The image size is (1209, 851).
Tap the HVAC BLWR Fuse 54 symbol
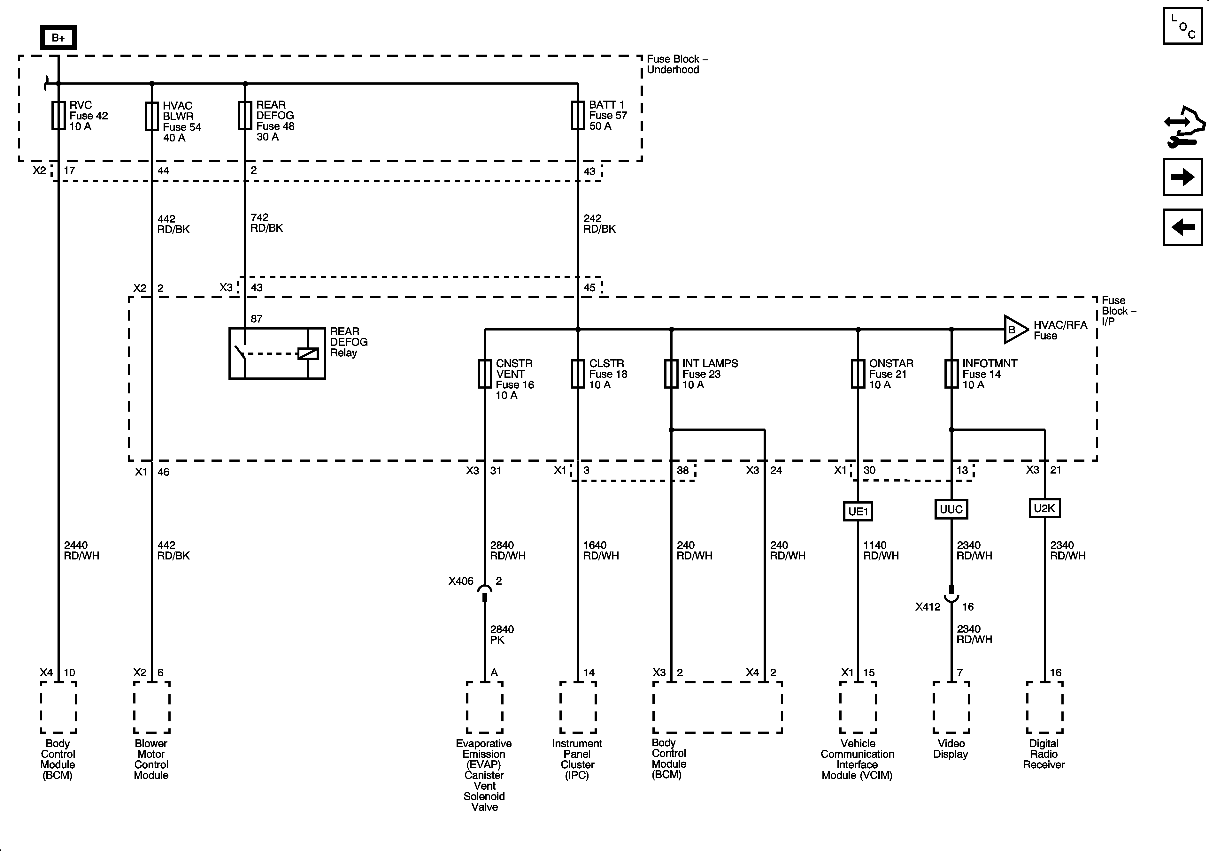(x=152, y=116)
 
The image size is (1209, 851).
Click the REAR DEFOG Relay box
(x=277, y=353)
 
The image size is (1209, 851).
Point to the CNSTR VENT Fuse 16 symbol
(x=484, y=374)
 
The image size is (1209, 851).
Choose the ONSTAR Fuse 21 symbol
(x=858, y=374)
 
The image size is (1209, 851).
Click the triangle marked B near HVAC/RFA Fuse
(x=1014, y=330)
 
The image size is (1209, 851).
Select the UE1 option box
(x=858, y=511)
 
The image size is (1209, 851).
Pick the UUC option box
(x=951, y=509)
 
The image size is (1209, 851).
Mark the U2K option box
(x=1044, y=508)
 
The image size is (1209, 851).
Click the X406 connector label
(x=461, y=581)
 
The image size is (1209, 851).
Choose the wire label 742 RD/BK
(x=266, y=223)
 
